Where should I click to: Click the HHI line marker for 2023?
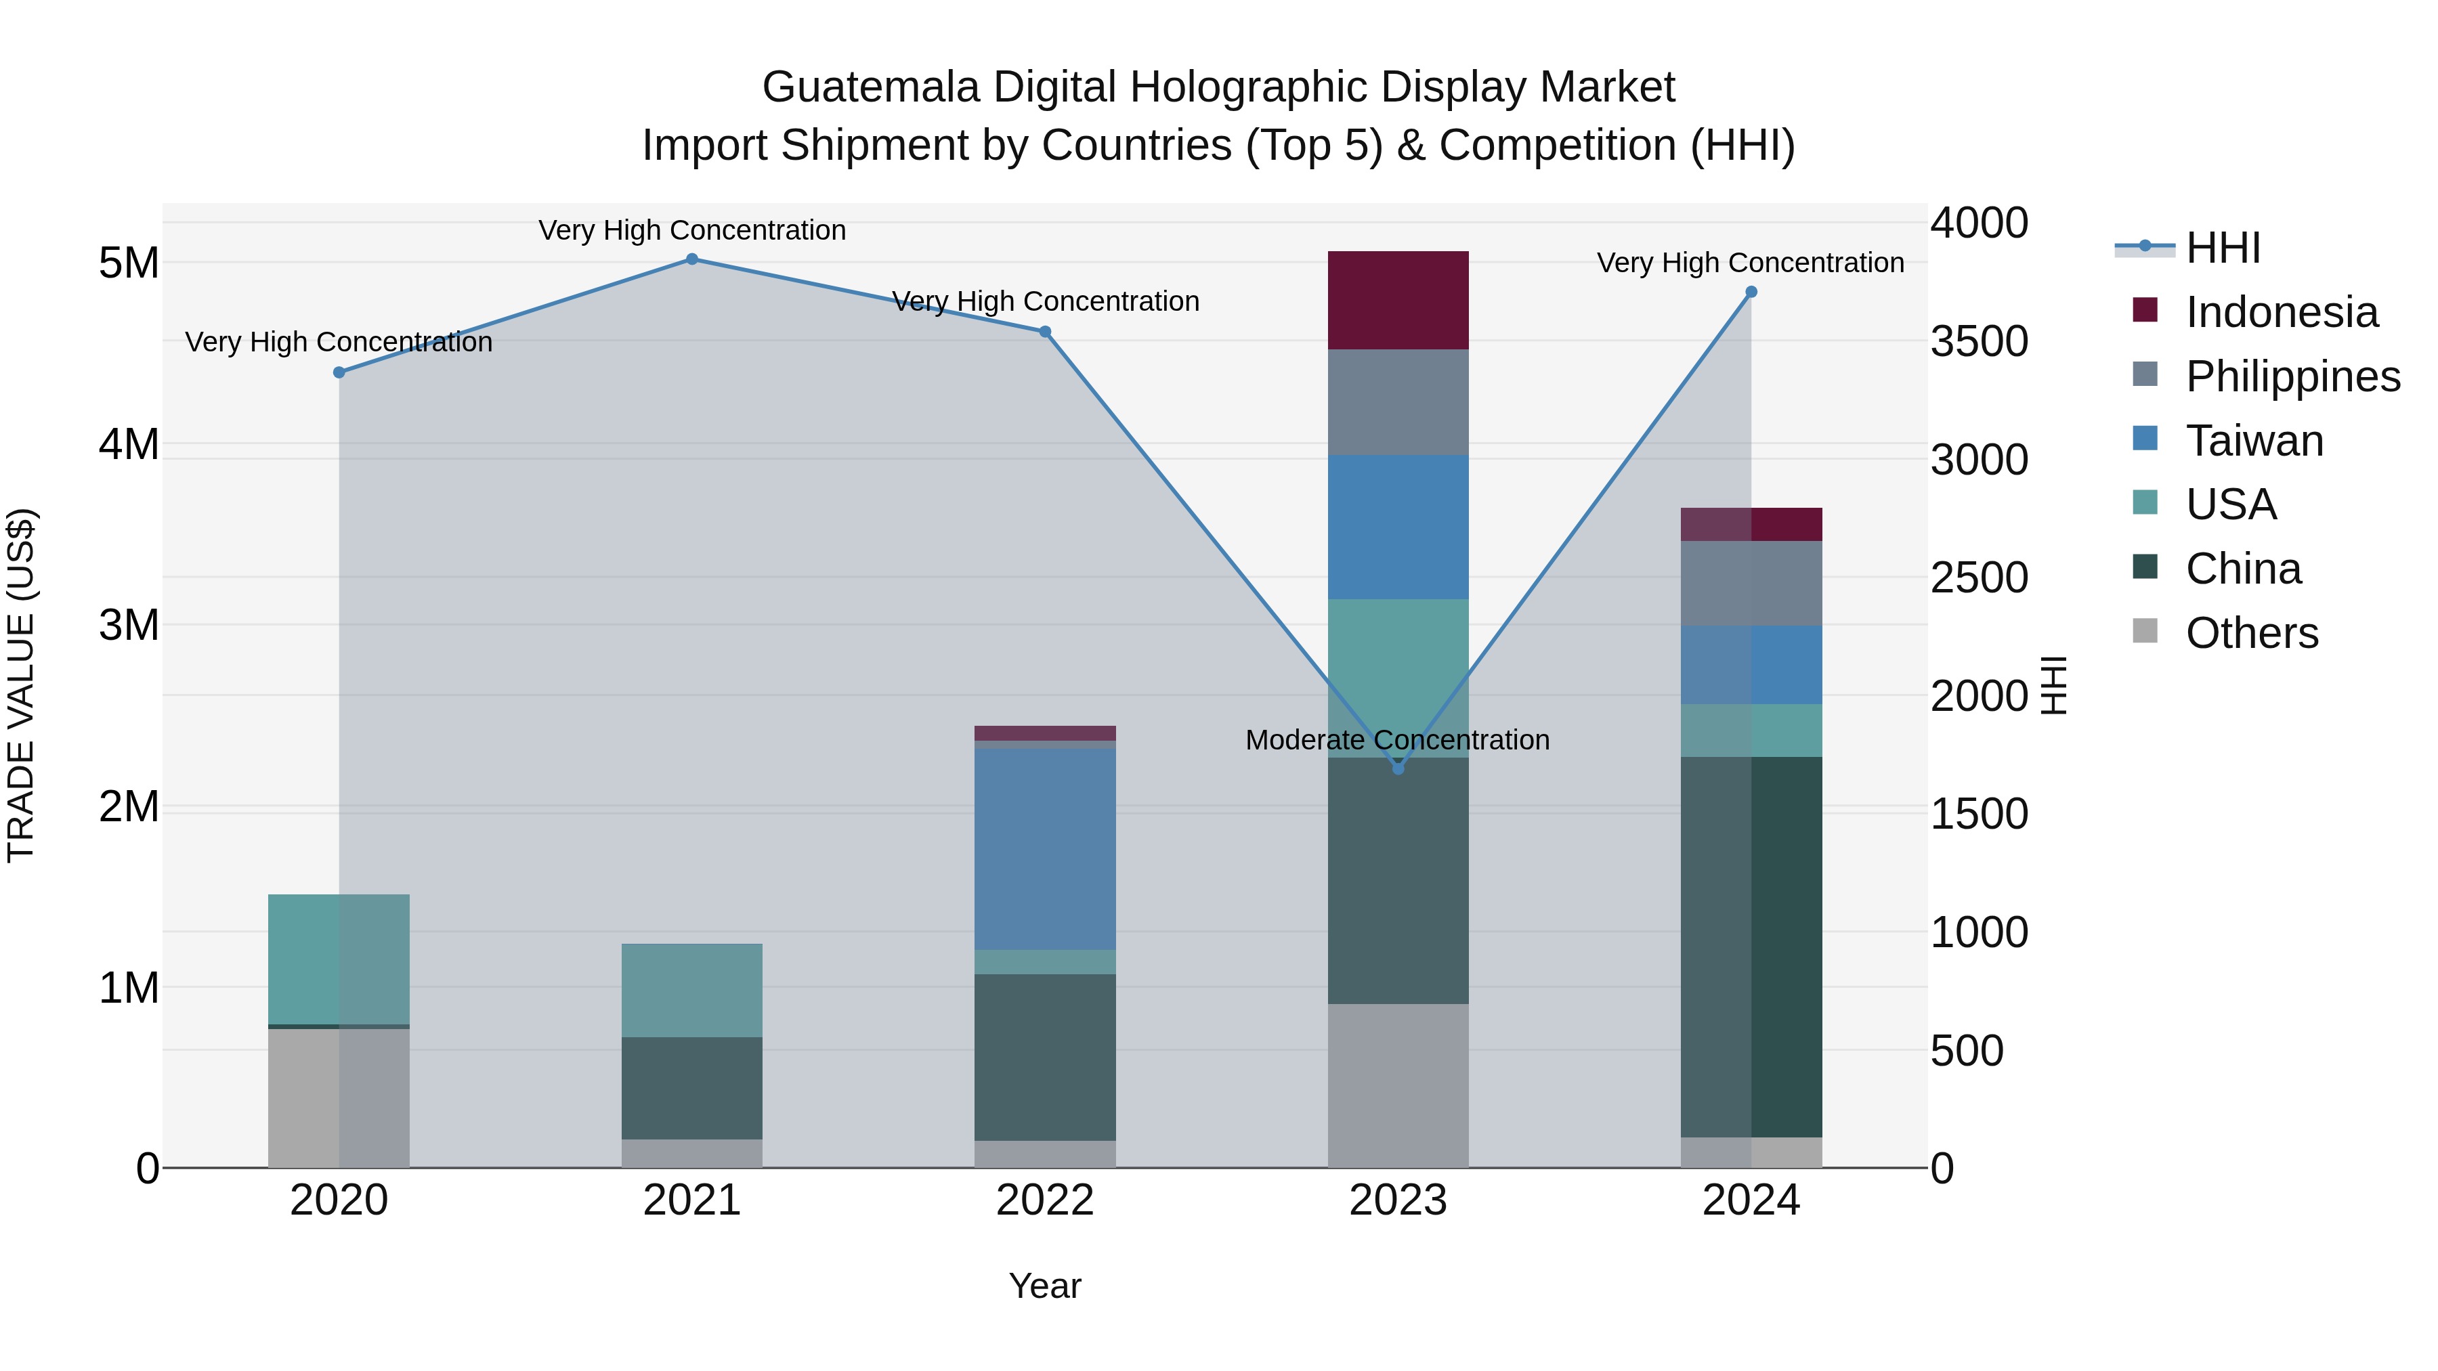click(x=1398, y=768)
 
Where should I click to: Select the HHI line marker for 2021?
click(x=692, y=259)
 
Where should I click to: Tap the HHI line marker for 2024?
click(x=1751, y=292)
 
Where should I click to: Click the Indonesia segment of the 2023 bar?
click(x=1398, y=300)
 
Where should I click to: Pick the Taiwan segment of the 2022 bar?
click(x=1045, y=849)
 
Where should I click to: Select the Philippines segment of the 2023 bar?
click(x=1398, y=402)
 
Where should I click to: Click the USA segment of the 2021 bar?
click(x=692, y=990)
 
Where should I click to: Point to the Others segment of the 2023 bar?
click(x=1398, y=1085)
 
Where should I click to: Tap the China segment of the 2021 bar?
click(x=692, y=1088)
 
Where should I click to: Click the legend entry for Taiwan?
click(x=2253, y=441)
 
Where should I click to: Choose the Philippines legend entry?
click(x=2291, y=376)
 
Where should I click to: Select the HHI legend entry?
click(x=2222, y=248)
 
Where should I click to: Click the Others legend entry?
click(x=2250, y=633)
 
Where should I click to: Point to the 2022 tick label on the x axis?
click(x=1045, y=1200)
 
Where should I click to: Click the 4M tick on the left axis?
click(x=129, y=443)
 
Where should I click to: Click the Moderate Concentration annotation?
click(x=1397, y=740)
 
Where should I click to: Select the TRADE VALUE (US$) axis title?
click(x=21, y=685)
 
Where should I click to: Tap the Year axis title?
click(x=1045, y=1286)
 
